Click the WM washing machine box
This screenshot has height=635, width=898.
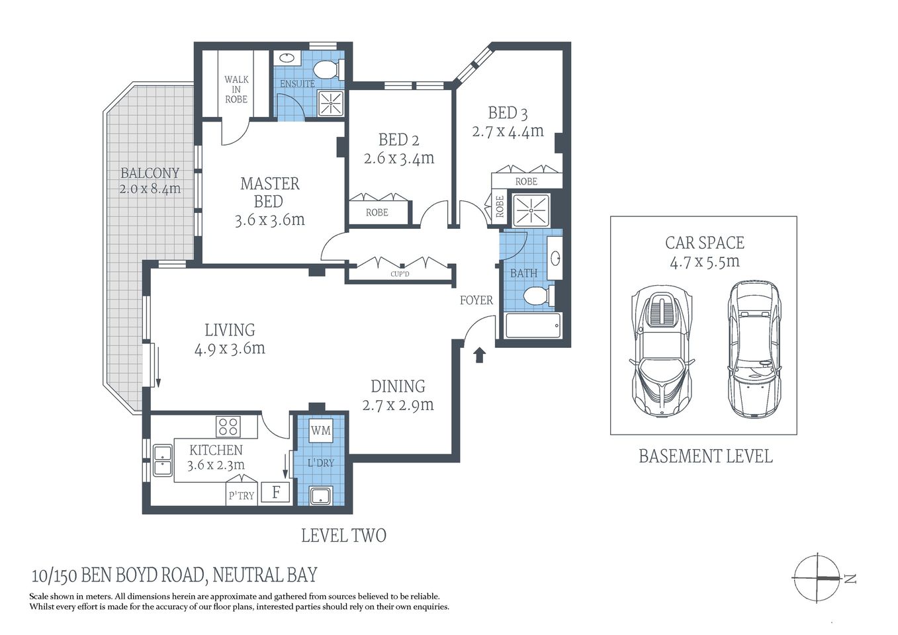[x=321, y=431]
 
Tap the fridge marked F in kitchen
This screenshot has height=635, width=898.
[x=276, y=492]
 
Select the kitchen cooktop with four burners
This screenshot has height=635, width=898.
[x=228, y=426]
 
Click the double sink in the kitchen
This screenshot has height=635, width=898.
[x=161, y=460]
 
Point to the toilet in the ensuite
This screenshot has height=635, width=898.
[x=326, y=69]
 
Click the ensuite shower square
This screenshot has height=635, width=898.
[x=330, y=102]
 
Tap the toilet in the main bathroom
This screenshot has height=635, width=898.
[x=538, y=296]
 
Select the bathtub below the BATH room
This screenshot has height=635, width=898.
[x=532, y=325]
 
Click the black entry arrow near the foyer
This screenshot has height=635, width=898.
[x=480, y=355]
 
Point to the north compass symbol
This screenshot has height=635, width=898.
[x=821, y=577]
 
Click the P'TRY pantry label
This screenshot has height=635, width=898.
[x=241, y=495]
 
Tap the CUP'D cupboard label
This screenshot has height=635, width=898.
[x=400, y=274]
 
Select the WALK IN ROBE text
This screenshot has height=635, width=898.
[x=236, y=89]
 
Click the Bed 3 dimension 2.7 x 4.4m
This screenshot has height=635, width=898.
[x=508, y=131]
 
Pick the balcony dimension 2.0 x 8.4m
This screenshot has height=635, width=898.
[x=150, y=189]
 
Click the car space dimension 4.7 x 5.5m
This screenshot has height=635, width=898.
[x=704, y=261]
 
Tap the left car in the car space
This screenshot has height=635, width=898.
[x=662, y=351]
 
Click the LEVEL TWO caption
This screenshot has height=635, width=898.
[x=343, y=535]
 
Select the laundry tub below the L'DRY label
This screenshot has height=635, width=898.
[x=321, y=495]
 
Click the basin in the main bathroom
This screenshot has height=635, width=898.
[x=555, y=257]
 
